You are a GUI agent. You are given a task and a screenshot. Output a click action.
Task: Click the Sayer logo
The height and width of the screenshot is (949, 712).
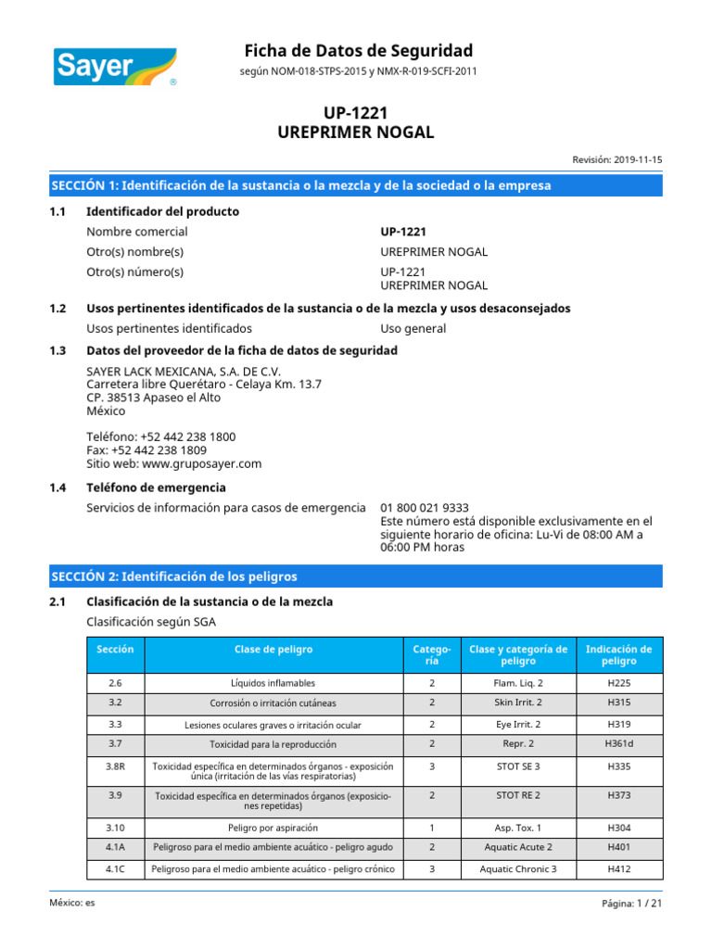114,63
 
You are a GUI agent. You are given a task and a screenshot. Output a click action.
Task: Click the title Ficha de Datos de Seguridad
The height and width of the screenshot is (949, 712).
358,50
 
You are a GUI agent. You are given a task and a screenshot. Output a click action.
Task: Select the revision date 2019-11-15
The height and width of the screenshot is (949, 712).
637,159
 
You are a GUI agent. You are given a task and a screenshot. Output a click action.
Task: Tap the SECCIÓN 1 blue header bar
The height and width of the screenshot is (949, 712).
356,185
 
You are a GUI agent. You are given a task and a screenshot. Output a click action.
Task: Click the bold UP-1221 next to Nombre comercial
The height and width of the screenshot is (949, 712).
403,232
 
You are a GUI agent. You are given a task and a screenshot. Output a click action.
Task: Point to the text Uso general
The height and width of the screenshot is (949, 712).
413,328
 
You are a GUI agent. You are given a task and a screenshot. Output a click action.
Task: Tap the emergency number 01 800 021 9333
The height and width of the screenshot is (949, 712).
425,508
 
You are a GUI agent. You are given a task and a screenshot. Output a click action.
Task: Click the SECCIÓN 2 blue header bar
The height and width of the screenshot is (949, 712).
356,576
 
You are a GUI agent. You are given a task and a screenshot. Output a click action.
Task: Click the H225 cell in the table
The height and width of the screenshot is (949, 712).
618,683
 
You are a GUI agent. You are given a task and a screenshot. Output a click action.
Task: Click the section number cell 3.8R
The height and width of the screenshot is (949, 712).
115,766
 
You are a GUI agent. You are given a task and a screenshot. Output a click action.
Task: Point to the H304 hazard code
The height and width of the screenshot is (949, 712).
618,827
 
